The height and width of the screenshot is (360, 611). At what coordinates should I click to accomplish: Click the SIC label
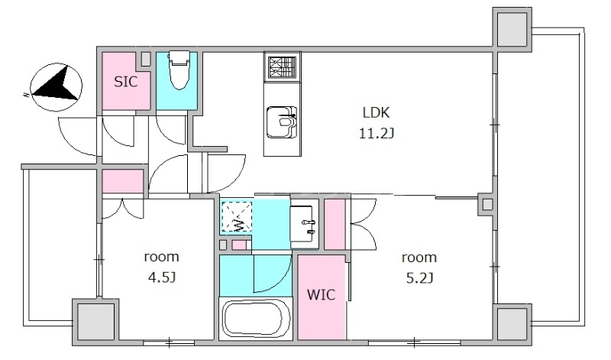tap(125, 82)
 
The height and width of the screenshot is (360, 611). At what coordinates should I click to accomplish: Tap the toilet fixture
tap(179, 70)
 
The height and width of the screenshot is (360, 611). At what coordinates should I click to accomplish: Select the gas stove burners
tap(282, 67)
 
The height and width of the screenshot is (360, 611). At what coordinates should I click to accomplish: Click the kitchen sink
tap(282, 122)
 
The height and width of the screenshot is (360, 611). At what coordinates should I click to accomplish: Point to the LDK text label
tap(376, 112)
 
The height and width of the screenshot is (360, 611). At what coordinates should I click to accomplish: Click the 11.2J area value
tap(376, 134)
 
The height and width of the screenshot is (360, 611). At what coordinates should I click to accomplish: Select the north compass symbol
tap(56, 87)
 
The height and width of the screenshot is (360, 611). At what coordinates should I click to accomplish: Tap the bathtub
tap(255, 318)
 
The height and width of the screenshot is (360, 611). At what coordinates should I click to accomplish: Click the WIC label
tap(321, 294)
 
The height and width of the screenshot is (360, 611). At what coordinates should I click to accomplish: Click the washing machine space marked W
tap(237, 216)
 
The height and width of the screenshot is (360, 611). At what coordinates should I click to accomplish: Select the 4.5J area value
tap(161, 277)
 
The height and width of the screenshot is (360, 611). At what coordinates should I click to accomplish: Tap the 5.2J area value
tap(419, 278)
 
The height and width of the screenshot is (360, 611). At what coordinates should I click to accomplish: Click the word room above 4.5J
tap(161, 257)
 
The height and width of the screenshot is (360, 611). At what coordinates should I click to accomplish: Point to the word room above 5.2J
tap(419, 258)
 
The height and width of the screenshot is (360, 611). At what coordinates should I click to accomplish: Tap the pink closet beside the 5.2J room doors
tap(335, 224)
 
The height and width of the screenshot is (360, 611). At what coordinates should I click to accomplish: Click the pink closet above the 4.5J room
tap(123, 181)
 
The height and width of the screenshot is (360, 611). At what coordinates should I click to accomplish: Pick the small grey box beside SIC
tap(146, 59)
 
